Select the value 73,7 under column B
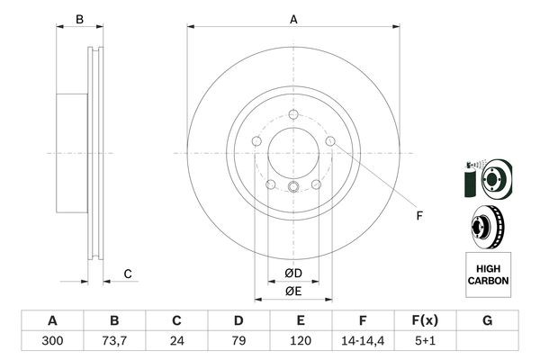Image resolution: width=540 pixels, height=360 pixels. coord(114,341)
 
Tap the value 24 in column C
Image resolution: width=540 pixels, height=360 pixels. coord(176,341)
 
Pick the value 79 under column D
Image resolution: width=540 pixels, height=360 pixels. coord(238,341)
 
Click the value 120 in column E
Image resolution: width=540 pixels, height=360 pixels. coord(301,341)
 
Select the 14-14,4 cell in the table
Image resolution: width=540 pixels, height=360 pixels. coord(363,341)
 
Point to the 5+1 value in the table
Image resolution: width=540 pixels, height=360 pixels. coord(425,341)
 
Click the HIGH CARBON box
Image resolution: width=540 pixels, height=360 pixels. coord(488,274)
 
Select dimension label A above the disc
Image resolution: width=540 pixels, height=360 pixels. coord(293,19)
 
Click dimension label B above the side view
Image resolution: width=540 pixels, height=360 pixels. coord(79,19)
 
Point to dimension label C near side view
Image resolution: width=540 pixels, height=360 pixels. coord(127,274)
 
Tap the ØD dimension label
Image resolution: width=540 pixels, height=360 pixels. coord(293,273)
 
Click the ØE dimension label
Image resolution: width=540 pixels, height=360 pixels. coord(293,291)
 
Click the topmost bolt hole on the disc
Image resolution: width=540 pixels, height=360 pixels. coord(293,113)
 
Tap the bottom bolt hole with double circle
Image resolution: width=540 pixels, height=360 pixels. coord(293,187)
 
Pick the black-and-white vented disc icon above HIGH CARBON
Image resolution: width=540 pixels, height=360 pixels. coord(487,225)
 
